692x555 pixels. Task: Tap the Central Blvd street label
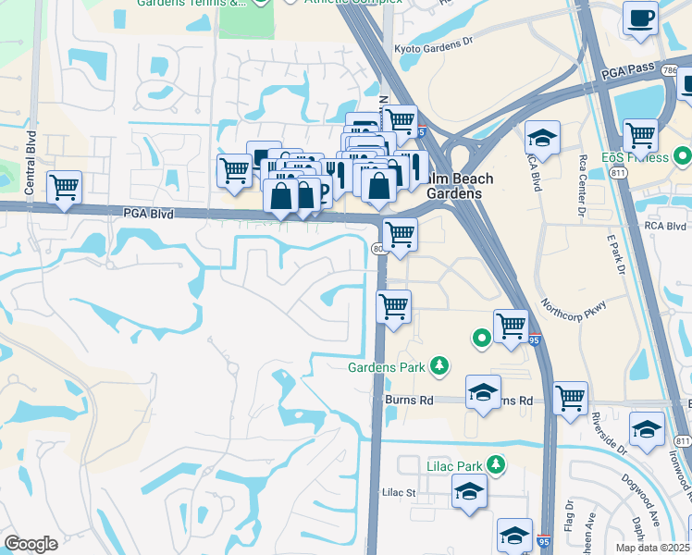tap(31, 149)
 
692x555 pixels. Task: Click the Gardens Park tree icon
tap(440, 367)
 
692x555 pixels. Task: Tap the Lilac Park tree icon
tap(496, 464)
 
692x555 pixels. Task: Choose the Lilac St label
tap(400, 493)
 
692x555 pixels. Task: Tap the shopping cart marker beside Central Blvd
tap(64, 188)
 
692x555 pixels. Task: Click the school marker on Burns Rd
tap(483, 393)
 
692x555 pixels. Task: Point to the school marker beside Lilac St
tap(470, 491)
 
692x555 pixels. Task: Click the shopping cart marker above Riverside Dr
tap(570, 399)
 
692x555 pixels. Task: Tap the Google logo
tap(31, 544)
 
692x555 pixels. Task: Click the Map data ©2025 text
tap(653, 548)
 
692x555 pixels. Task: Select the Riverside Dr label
tap(610, 433)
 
